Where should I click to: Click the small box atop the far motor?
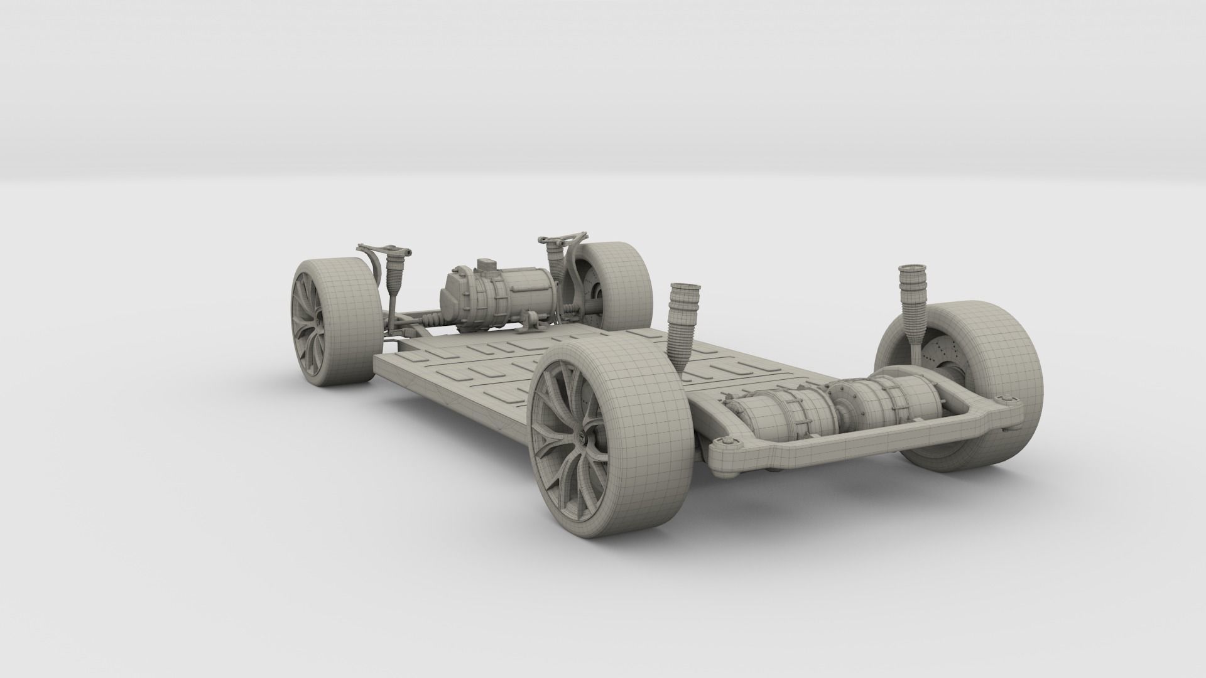(486, 266)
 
